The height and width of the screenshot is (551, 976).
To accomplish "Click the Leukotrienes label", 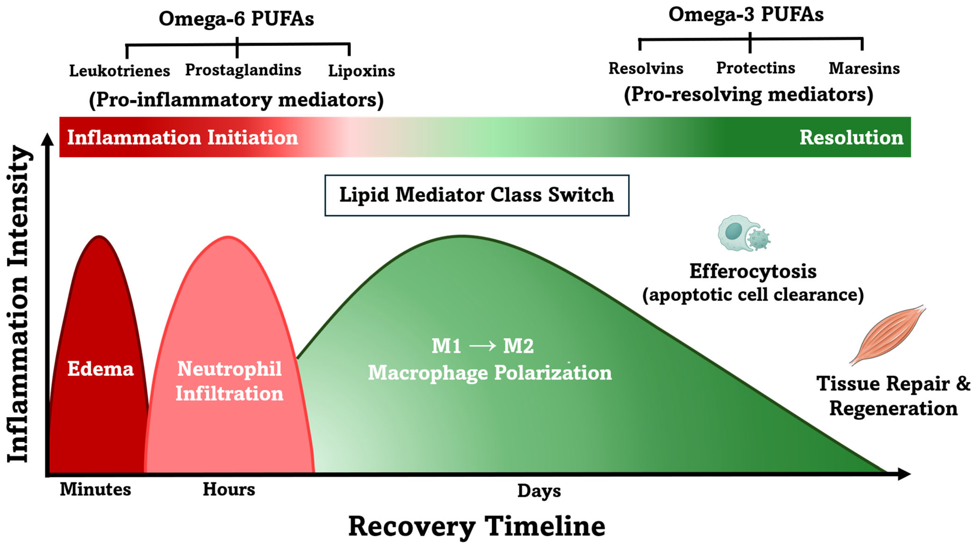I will coord(119,71).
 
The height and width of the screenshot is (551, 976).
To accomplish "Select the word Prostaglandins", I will coord(243,70).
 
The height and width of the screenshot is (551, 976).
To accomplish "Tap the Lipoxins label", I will coord(362,71).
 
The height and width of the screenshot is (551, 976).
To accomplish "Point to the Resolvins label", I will coord(646,68).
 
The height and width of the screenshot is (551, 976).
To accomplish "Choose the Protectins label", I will coord(755,68).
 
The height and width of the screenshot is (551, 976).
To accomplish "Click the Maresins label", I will coord(864,68).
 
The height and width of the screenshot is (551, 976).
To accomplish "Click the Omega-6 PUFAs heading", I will coord(236,19).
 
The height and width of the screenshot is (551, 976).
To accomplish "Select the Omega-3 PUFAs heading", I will coord(746,14).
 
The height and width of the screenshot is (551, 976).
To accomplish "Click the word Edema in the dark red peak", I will coord(100,369).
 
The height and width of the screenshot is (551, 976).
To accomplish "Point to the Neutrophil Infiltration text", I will coord(229,381).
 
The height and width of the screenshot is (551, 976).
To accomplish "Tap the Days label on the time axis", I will coord(539,491).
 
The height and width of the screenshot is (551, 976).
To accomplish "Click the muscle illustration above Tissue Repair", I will coord(888,335).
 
